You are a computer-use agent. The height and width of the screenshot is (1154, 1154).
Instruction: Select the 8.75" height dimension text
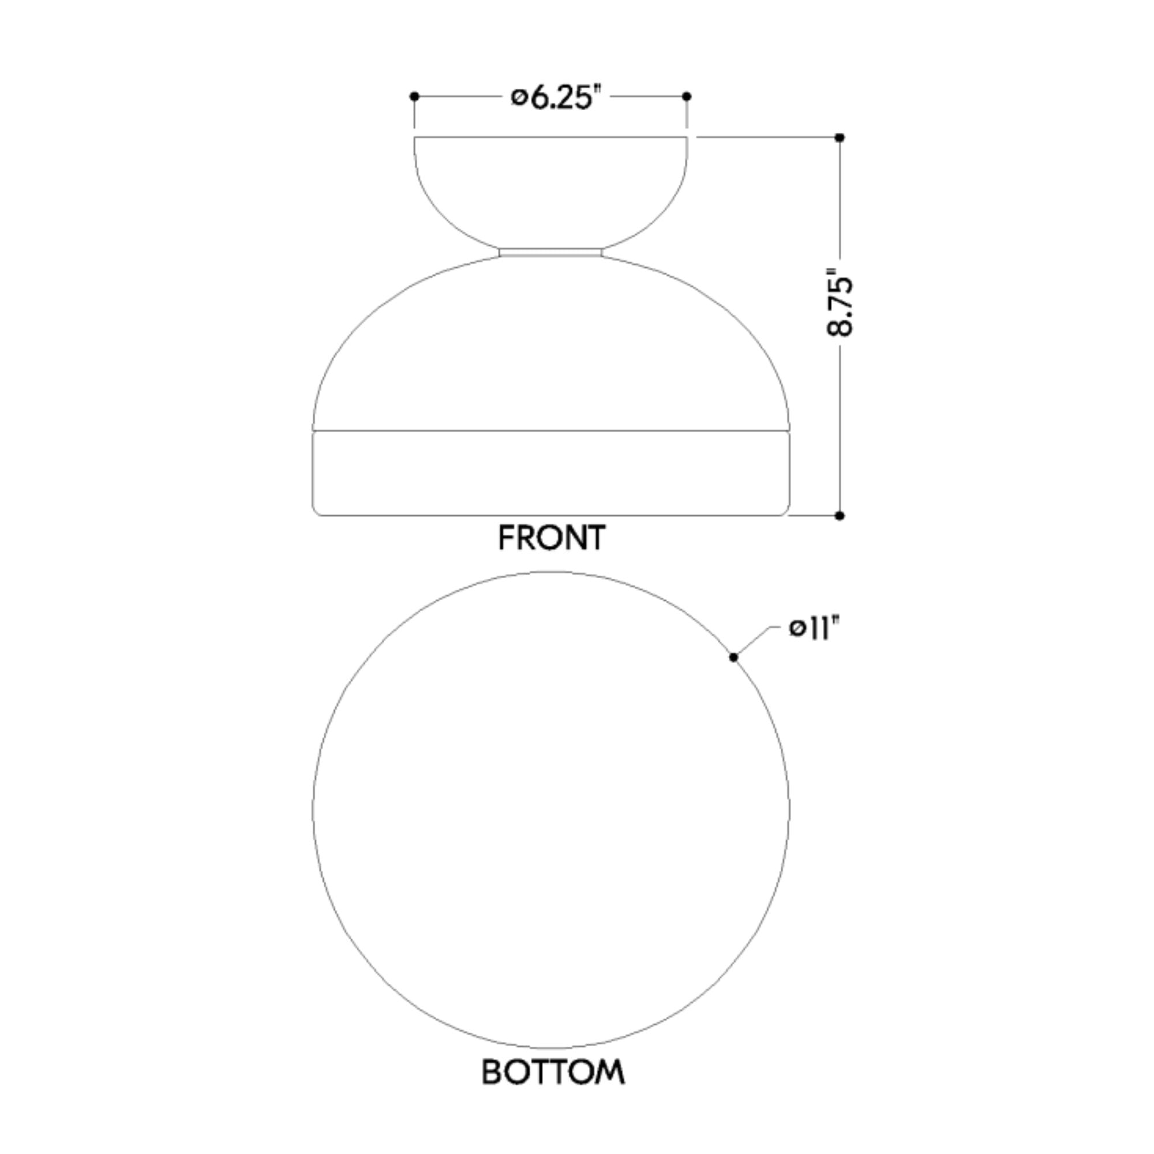click(840, 306)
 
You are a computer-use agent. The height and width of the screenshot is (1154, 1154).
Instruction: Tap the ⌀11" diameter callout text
click(814, 628)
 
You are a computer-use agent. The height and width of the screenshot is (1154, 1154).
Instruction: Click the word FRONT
click(552, 538)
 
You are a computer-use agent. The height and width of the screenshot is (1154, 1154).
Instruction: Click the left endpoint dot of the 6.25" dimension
click(414, 96)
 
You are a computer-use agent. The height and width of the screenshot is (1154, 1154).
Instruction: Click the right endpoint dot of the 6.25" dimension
click(687, 96)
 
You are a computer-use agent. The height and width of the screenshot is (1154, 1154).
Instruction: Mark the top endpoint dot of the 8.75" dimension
click(840, 137)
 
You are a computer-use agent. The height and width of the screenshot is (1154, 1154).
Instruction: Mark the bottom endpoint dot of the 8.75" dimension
click(840, 515)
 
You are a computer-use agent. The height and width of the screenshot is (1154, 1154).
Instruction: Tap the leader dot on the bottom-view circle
click(733, 657)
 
